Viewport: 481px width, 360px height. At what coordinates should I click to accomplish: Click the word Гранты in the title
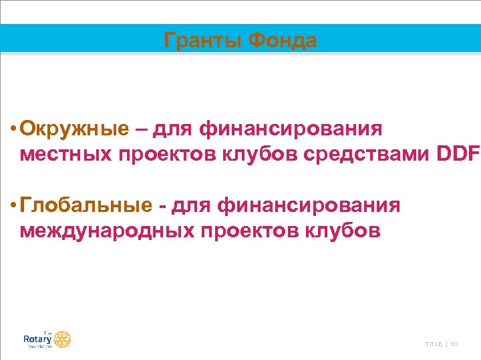(203, 41)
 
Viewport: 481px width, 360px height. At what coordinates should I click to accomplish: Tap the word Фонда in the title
(282, 41)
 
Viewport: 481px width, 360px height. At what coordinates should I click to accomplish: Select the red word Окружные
(74, 128)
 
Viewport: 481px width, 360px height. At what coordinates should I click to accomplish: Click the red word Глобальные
(86, 205)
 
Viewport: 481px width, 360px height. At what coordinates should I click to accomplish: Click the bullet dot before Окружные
(13, 129)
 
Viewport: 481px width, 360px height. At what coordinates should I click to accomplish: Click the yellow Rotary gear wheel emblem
(62, 339)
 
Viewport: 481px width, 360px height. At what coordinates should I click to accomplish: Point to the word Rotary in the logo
(37, 339)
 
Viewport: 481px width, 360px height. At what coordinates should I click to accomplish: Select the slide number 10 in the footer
(454, 344)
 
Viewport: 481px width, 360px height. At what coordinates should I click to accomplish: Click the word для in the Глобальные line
(191, 205)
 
